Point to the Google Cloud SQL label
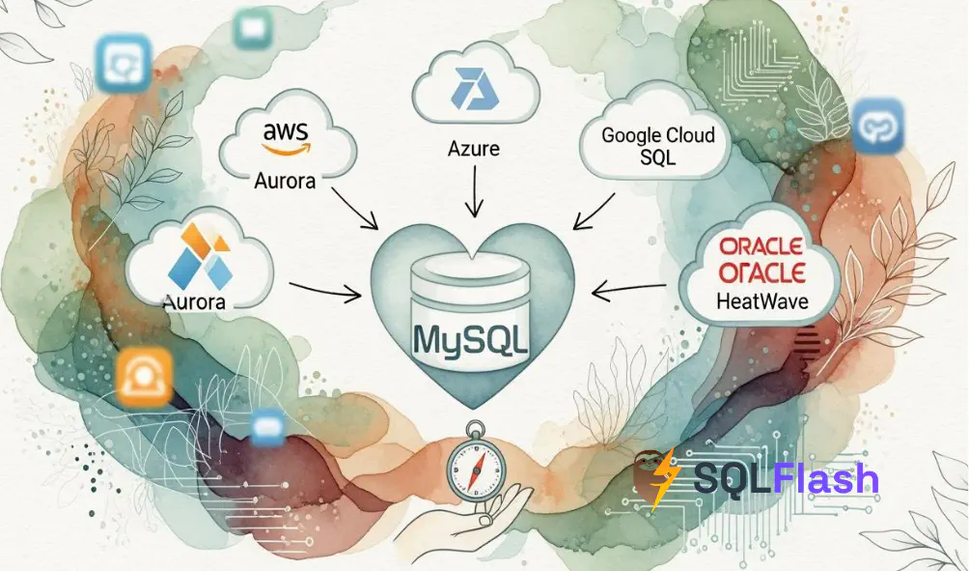[x=658, y=145]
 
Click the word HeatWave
[x=762, y=301]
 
